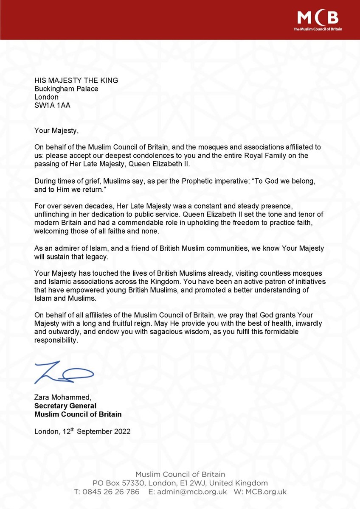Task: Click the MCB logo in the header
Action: tap(318, 19)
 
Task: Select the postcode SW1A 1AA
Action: tap(53, 105)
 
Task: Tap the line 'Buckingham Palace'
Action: tap(66, 89)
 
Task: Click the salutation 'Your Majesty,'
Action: tap(57, 130)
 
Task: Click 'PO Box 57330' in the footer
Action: tap(117, 483)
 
